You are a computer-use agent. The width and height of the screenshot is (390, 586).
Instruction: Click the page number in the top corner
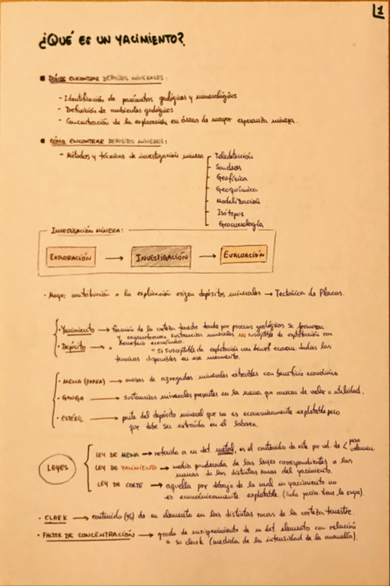tap(378, 11)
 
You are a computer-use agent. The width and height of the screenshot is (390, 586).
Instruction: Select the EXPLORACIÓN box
tap(71, 257)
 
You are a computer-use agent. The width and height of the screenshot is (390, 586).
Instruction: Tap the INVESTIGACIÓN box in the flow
tap(161, 257)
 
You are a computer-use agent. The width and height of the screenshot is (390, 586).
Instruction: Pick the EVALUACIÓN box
tap(243, 255)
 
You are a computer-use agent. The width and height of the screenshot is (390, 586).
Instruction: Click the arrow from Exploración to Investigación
tap(113, 258)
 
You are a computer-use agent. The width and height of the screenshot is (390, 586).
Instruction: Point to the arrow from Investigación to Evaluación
tap(207, 257)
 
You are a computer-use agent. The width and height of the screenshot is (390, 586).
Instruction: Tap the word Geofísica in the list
tap(232, 178)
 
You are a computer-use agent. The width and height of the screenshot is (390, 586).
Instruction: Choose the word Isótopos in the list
tap(230, 213)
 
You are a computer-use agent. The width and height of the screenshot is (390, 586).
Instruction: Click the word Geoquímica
tap(237, 189)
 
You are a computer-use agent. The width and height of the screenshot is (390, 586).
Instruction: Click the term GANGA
tap(71, 398)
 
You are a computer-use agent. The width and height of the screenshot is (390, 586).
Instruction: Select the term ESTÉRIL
tap(72, 419)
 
